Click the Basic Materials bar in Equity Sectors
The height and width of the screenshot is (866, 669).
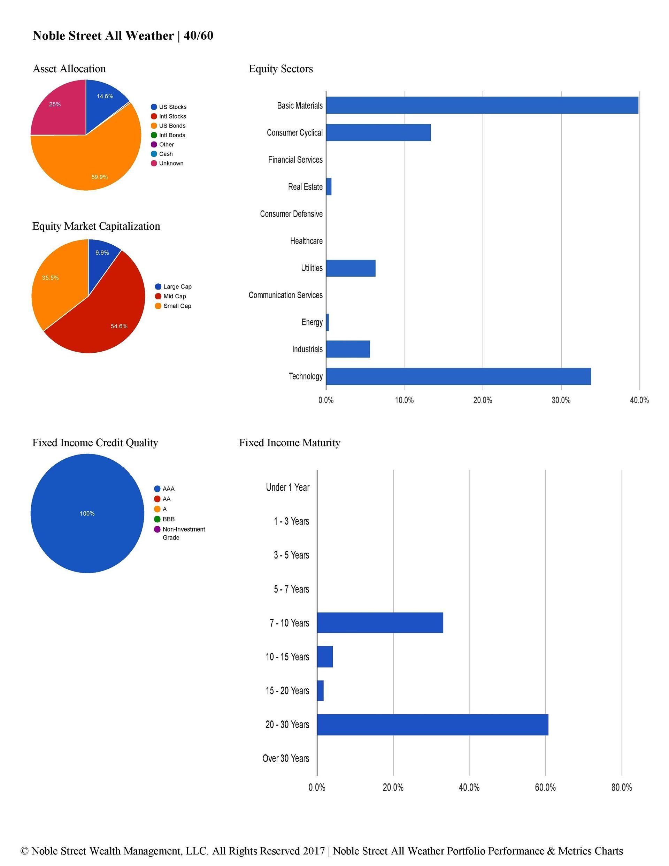[x=482, y=106]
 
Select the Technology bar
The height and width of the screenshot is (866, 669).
[x=458, y=376]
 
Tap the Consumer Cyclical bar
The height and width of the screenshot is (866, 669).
[x=378, y=132]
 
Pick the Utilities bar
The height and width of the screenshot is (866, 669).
[x=351, y=268]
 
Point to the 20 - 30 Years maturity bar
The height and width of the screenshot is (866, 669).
[x=432, y=725]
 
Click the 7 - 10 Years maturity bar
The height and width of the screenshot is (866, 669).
[x=380, y=622]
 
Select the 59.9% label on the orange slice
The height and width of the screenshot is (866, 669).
[x=100, y=177]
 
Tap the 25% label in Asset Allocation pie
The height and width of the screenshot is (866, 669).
[x=55, y=104]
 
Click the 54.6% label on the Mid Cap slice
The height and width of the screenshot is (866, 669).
[x=119, y=326]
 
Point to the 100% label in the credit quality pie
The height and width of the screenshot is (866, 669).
[x=87, y=513]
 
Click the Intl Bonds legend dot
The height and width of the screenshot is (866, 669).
[x=154, y=135]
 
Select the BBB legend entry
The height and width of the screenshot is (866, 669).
[x=168, y=519]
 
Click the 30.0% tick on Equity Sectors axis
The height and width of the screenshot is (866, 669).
[x=561, y=400]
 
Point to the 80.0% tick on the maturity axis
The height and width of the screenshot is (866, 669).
[x=621, y=788]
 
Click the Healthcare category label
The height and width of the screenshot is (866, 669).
[x=306, y=241]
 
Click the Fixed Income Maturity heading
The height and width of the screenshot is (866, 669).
[x=290, y=443]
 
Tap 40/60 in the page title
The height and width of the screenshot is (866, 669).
[x=199, y=36]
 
